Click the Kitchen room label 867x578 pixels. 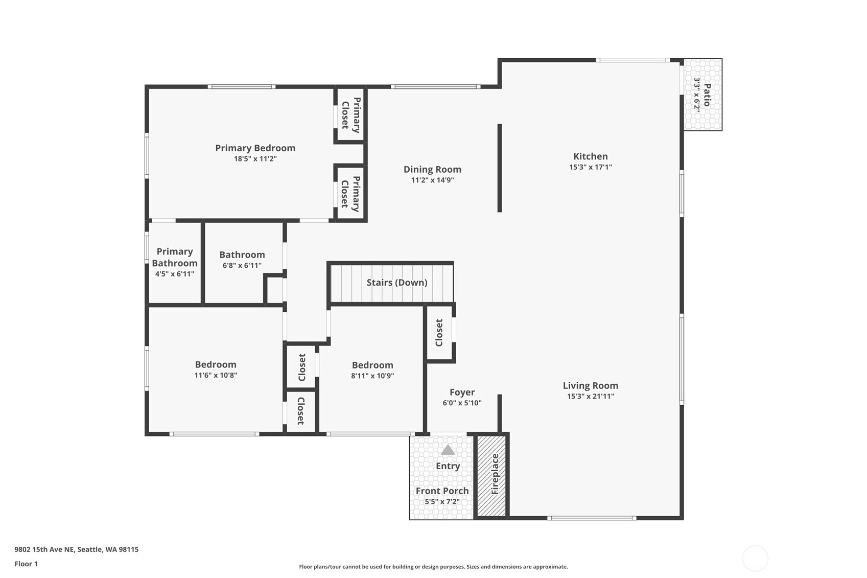tap(590, 156)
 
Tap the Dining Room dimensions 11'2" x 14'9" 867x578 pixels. tap(432, 180)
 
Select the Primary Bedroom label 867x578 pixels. tap(255, 148)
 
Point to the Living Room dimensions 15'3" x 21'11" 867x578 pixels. tap(590, 396)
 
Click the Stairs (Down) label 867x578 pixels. tap(397, 283)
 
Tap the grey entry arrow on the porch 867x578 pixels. tap(448, 449)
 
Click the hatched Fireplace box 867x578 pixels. tap(491, 476)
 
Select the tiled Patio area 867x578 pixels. tap(702, 95)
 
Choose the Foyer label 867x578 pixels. tap(462, 392)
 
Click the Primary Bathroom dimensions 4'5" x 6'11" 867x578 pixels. tap(175, 274)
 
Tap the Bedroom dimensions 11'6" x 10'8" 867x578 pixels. tap(216, 375)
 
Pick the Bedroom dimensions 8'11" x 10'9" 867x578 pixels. tap(372, 376)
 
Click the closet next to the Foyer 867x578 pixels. tap(439, 333)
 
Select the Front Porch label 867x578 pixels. tap(442, 491)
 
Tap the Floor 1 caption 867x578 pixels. tap(27, 564)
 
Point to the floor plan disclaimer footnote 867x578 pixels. tap(433, 567)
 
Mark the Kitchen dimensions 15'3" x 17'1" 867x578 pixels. tap(590, 167)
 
